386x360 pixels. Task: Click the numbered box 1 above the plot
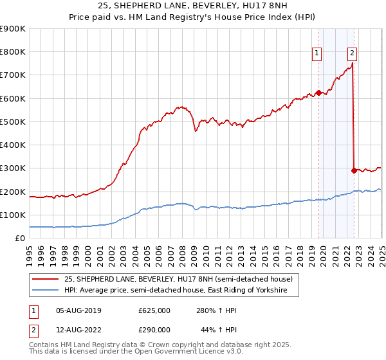[318, 53]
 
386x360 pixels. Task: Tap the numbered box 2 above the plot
[353, 53]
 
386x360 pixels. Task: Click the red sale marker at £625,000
[318, 93]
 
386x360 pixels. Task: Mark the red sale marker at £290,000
[354, 170]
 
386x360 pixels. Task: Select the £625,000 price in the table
[154, 310]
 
